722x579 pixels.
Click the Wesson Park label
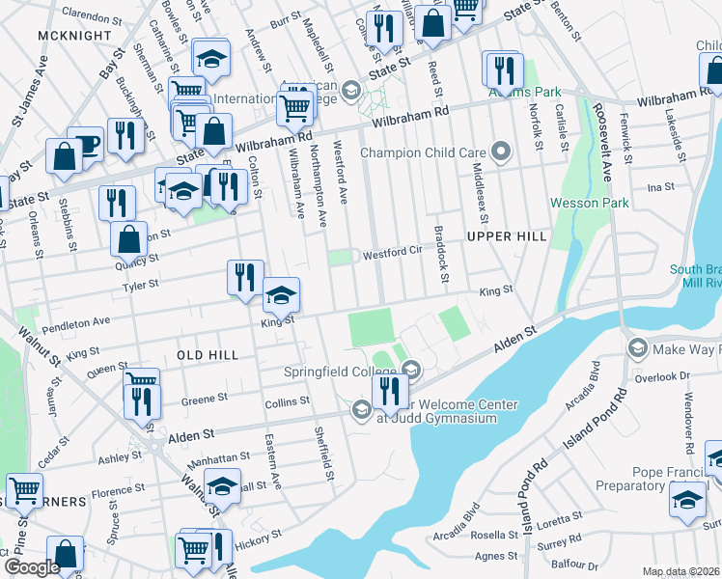(x=589, y=203)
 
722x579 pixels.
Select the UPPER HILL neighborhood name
(x=507, y=235)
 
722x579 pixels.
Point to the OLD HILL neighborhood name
(x=208, y=356)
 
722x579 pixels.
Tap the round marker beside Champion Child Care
(x=500, y=152)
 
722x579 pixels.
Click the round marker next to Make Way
(x=637, y=347)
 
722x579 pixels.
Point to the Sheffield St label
(x=328, y=454)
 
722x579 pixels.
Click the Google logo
(x=31, y=567)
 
